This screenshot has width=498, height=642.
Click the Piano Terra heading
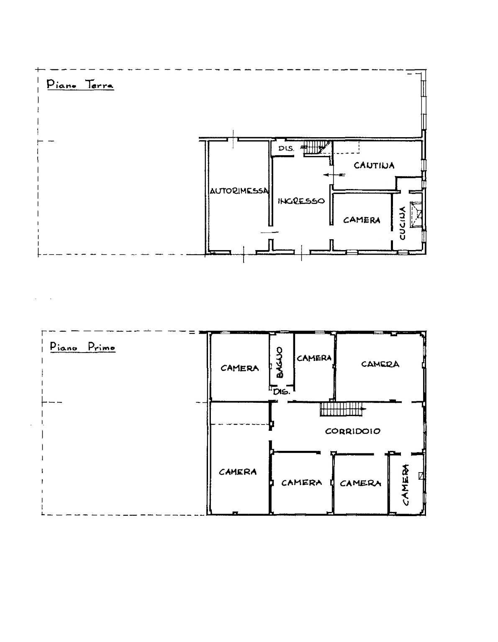tap(80, 84)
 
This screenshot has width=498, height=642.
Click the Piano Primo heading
tap(82, 347)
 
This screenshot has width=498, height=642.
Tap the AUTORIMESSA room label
tap(239, 191)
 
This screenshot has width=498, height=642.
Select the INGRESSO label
tap(301, 201)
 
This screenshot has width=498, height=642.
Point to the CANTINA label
tap(374, 165)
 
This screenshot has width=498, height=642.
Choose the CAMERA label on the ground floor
tap(362, 220)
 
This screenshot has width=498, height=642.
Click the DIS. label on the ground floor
tap(287, 148)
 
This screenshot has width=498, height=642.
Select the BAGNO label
tap(280, 362)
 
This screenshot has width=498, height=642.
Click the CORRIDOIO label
tap(353, 431)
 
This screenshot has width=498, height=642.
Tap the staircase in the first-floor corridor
tap(341, 409)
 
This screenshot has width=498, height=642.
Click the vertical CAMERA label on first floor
tap(406, 485)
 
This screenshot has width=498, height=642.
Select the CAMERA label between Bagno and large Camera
tap(314, 358)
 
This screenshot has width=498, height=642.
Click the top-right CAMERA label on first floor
tap(380, 364)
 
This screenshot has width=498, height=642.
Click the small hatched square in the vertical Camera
tap(421, 476)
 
